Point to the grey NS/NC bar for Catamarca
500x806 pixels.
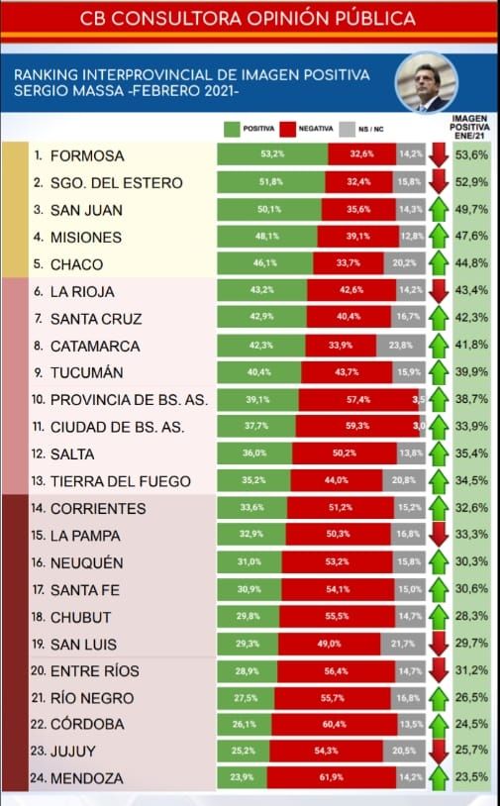pos(400,346)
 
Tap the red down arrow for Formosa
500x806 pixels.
pos(440,154)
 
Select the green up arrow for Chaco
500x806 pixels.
pos(440,264)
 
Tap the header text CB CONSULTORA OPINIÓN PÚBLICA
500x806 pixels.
pos(249,18)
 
